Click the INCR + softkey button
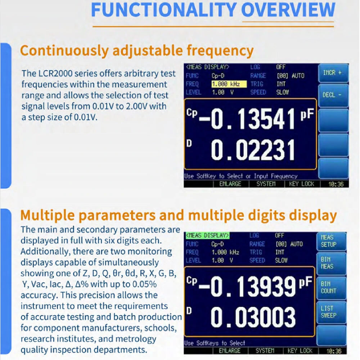point(333,73)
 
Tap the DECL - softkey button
point(333,95)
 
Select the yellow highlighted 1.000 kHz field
point(229,84)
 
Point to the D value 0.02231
point(253,150)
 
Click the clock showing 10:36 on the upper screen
point(336,184)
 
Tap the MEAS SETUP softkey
point(331,241)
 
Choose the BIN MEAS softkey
point(331,263)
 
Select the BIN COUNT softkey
point(331,288)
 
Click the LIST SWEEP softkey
point(331,312)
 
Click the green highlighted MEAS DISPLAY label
point(208,235)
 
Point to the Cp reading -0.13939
point(247,286)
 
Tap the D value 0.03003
point(253,318)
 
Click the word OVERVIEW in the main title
point(288,10)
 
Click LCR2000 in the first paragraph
point(55,74)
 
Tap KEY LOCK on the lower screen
point(300,351)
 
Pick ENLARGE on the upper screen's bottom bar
point(230,184)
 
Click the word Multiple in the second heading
point(47,215)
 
